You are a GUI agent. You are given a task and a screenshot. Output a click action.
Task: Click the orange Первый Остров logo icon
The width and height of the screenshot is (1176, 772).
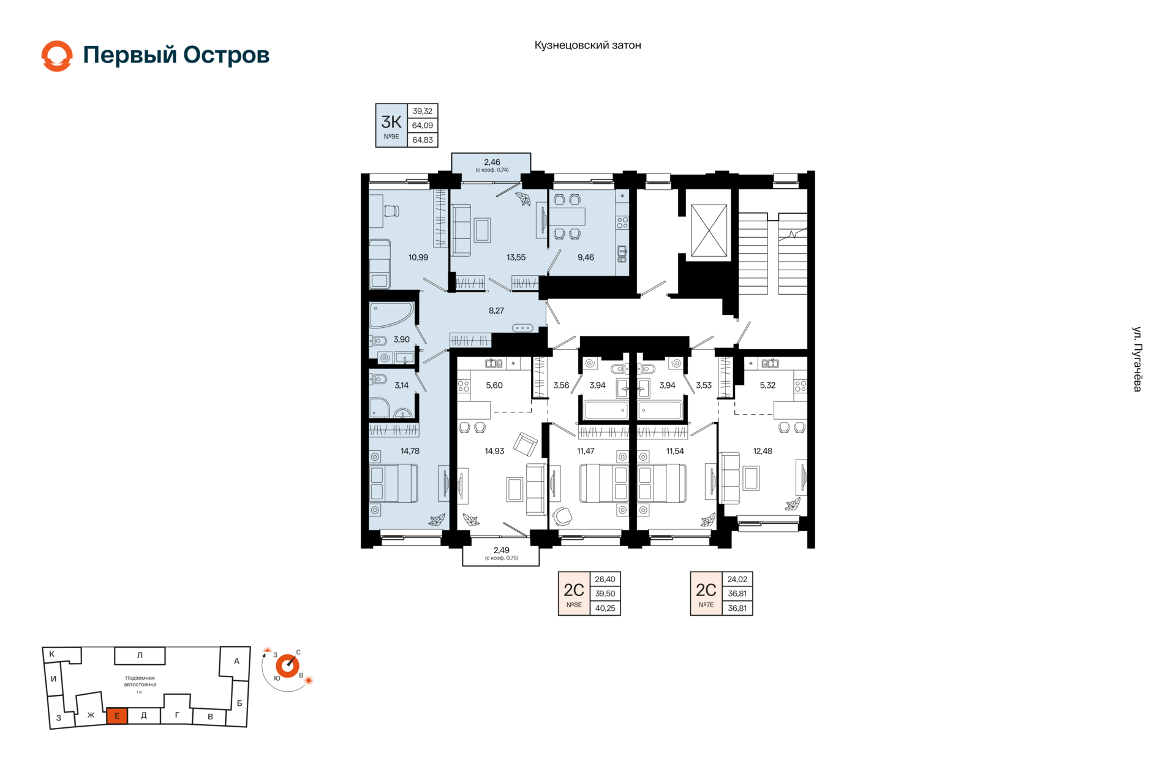[57, 56]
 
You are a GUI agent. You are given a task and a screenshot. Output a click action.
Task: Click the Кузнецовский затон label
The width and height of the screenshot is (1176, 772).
[587, 45]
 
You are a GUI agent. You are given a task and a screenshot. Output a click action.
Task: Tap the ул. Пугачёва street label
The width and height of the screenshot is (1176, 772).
[1137, 359]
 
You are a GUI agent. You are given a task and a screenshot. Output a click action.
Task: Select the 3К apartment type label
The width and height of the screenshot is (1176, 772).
[391, 121]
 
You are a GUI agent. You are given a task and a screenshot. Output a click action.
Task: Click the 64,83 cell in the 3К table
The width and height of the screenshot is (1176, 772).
[423, 140]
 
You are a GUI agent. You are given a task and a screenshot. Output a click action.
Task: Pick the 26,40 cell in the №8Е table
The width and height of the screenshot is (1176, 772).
[605, 579]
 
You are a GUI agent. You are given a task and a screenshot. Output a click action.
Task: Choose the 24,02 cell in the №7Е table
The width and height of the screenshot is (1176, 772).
[737, 579]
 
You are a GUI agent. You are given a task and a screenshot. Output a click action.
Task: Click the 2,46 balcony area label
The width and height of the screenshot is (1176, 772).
[492, 162]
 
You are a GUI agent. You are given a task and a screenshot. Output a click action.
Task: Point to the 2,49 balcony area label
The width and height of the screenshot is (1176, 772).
[501, 550]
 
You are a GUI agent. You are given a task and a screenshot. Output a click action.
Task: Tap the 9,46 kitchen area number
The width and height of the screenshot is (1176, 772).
[586, 257]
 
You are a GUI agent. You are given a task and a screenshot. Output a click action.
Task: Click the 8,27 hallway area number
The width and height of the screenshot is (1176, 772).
[496, 311]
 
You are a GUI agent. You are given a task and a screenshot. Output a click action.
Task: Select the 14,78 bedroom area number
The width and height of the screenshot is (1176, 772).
[410, 451]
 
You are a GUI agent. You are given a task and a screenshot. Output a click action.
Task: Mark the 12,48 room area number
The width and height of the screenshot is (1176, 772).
[763, 451]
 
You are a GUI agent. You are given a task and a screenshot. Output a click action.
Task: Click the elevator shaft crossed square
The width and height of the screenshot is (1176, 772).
[709, 230]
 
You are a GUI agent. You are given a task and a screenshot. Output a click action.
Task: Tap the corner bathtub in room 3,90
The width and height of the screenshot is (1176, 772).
[391, 315]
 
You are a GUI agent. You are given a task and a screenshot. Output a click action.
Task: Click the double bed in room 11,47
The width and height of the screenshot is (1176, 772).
[604, 483]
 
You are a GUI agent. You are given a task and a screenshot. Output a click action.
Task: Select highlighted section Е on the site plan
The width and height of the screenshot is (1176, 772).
[117, 716]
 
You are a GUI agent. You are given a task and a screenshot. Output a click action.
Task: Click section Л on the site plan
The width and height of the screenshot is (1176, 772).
[140, 656]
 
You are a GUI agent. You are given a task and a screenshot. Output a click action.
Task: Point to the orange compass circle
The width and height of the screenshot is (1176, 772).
[287, 666]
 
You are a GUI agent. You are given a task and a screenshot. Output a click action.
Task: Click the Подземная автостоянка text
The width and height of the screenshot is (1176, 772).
[140, 681]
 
